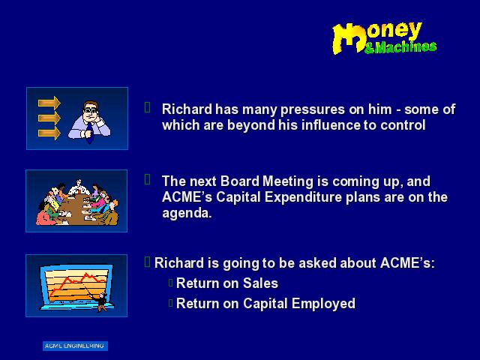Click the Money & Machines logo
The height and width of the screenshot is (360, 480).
pos(384,38)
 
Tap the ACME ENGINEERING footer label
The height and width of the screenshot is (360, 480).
pos(75,346)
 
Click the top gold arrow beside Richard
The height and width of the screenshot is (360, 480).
pos(49,103)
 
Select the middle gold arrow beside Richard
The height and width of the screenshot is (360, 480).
pos(49,118)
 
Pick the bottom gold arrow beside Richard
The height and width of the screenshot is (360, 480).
pos(49,133)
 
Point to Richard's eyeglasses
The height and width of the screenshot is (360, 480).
pos(91,110)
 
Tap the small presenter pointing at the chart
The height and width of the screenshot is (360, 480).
pos(101,301)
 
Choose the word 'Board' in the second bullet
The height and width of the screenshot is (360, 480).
pos(240,181)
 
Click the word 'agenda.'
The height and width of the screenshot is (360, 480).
pos(187,214)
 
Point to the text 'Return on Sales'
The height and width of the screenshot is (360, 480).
pos(227,283)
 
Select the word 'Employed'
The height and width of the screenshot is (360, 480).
pos(323,304)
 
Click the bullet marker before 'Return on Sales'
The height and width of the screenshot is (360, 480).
pos(171,283)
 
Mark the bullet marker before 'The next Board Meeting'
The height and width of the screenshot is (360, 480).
pos(147,180)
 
